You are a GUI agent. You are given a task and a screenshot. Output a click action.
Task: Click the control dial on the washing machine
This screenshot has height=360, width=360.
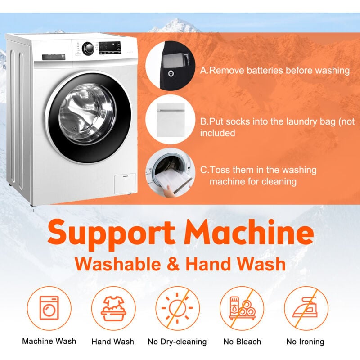(x=88, y=49)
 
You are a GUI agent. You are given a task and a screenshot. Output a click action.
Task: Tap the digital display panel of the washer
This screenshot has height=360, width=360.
(x=110, y=48)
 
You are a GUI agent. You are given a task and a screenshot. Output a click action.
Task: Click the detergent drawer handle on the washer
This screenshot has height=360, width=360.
(x=54, y=57)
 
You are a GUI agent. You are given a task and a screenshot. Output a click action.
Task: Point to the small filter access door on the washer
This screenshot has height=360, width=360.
(x=125, y=184)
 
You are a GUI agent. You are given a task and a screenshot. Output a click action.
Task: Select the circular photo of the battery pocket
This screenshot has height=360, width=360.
(x=170, y=66)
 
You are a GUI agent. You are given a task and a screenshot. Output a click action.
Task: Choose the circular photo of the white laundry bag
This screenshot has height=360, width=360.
(x=170, y=119)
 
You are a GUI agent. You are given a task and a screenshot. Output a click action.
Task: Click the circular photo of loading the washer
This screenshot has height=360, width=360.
(x=170, y=173)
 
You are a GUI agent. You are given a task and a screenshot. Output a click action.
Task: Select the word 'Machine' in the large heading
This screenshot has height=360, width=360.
(x=249, y=231)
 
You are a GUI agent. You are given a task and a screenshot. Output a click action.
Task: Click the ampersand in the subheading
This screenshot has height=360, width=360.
(x=173, y=264)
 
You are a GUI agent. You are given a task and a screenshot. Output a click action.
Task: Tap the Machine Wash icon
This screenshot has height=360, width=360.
(x=49, y=308)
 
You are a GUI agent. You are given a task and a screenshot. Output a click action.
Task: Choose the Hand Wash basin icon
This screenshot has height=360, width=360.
(x=113, y=308)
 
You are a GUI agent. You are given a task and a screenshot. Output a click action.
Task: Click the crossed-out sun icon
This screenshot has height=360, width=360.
(x=177, y=308)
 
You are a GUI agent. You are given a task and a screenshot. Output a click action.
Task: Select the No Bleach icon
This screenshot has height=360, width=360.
(x=242, y=308)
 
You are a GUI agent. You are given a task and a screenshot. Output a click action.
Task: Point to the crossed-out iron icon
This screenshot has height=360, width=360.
(x=306, y=308)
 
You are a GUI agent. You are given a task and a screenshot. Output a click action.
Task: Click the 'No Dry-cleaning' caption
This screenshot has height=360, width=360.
(x=177, y=342)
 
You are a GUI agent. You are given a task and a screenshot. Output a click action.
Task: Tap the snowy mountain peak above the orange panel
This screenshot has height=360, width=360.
(x=175, y=25)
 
